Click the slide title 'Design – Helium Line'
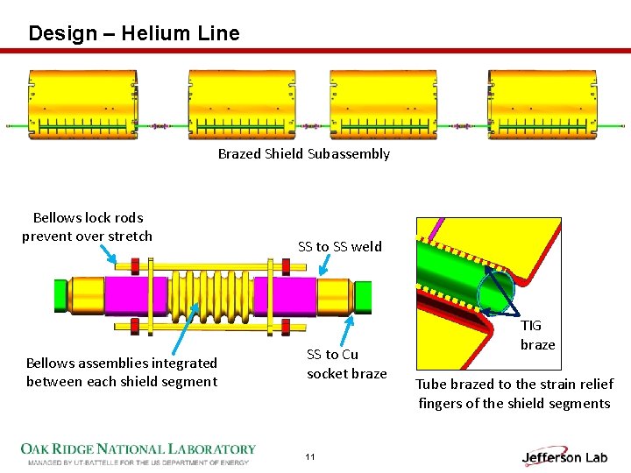click(133, 33)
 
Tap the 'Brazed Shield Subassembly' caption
click(303, 154)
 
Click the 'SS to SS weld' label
click(340, 247)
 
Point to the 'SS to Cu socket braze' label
click(346, 364)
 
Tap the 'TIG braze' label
click(537, 335)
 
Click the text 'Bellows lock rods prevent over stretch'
click(87, 227)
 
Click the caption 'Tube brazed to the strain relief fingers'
click(514, 393)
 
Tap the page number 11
click(310, 457)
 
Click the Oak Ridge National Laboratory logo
click(138, 453)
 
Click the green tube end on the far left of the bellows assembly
click(61, 294)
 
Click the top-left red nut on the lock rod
click(135, 265)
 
